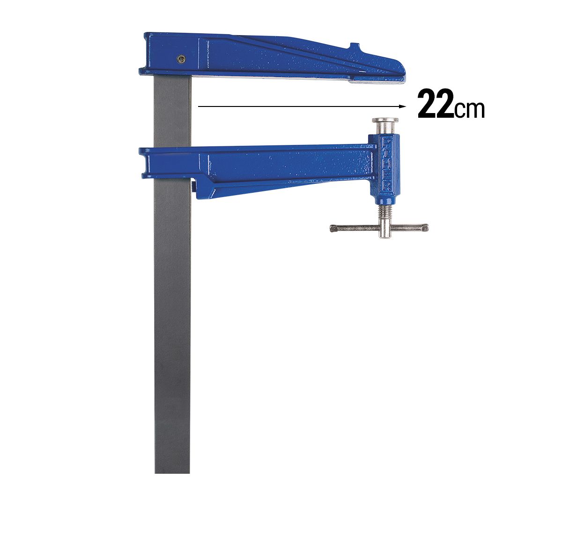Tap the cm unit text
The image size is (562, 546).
(469, 109)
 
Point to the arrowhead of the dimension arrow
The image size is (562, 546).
(402, 106)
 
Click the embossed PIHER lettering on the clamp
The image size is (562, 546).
(387, 164)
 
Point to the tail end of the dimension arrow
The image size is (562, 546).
(200, 106)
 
